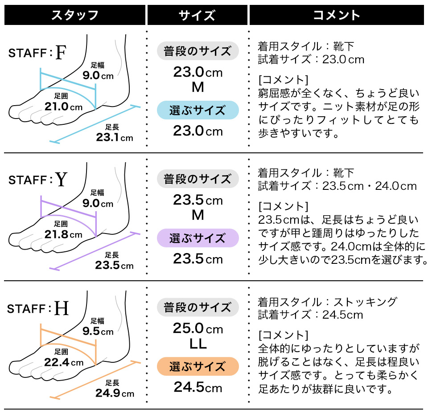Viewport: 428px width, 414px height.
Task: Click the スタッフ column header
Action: pos(75,15)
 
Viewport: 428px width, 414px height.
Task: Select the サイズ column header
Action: pos(197,15)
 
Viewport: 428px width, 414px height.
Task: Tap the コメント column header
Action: pos(336,15)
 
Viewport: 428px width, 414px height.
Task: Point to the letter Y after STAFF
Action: pos(61,180)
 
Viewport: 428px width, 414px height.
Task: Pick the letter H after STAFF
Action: pos(62,308)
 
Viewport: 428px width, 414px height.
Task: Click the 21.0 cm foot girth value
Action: pos(63,107)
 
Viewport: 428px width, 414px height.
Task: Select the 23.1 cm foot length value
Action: pos(115,137)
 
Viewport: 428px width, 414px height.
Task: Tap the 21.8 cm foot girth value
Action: pos(63,234)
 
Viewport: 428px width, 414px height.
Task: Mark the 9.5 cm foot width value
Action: pos(98,332)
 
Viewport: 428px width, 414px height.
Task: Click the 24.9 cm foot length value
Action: pos(115,393)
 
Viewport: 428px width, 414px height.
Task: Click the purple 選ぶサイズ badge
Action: pos(198,238)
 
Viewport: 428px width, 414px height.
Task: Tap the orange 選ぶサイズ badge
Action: pos(198,366)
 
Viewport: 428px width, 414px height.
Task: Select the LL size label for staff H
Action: pos(198,344)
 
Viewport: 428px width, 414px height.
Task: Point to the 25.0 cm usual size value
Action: pos(198,329)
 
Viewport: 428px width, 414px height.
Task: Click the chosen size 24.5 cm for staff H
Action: pos(198,387)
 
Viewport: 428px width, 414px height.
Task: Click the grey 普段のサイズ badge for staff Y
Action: pos(198,179)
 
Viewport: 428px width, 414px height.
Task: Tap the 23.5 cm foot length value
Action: pos(114,266)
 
